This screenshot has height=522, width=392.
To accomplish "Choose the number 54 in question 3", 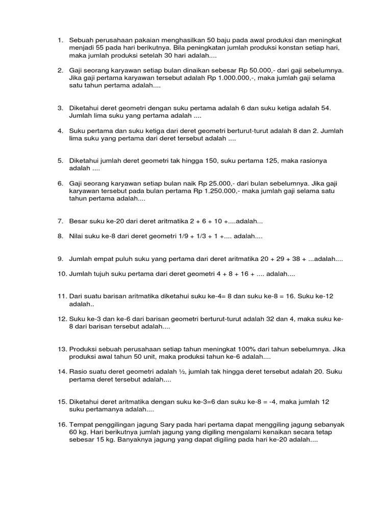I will point(324,108).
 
